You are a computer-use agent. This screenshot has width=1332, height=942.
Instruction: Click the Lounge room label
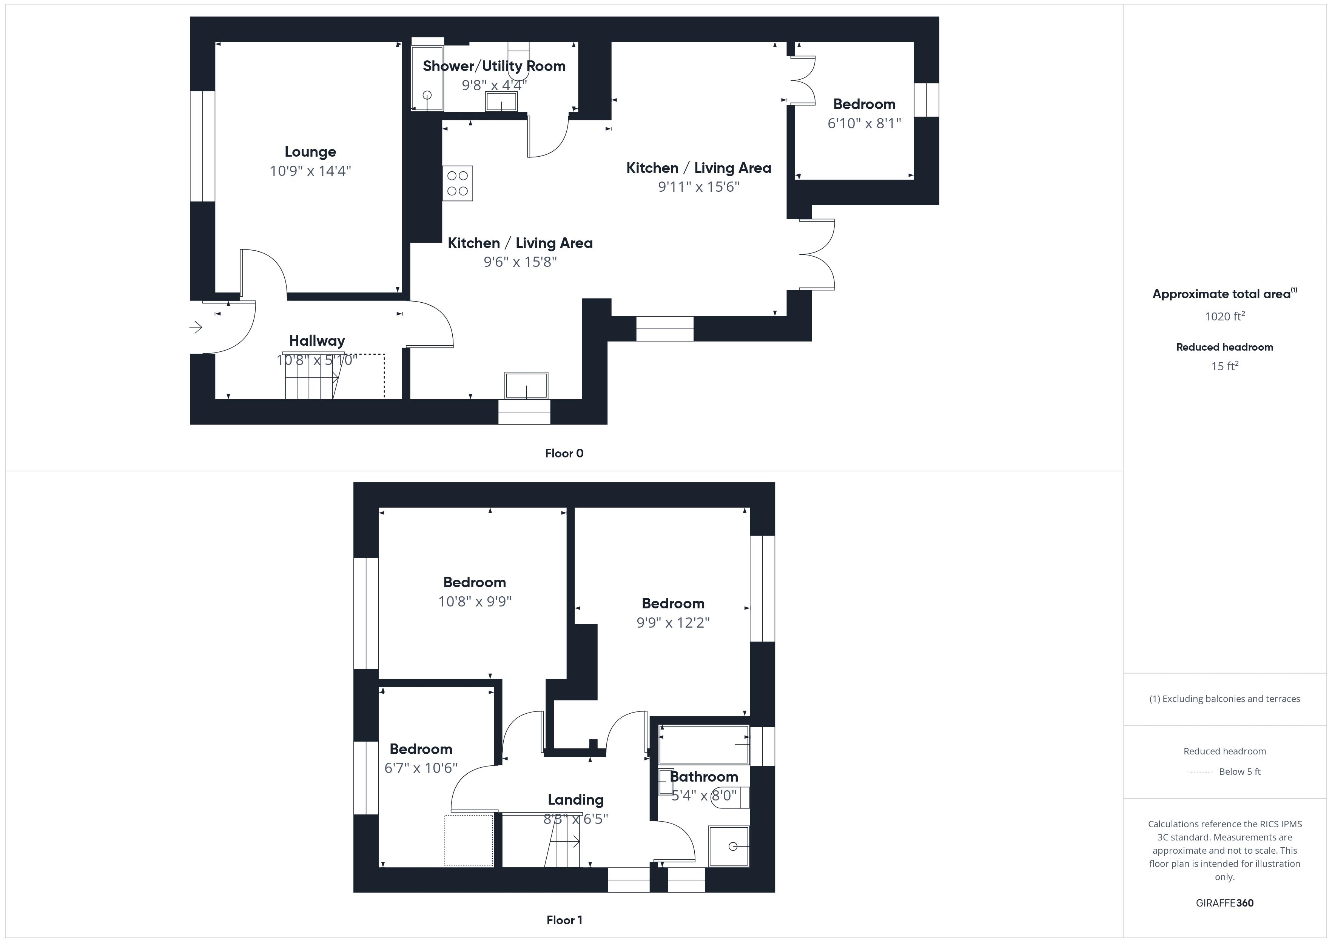pos(310,152)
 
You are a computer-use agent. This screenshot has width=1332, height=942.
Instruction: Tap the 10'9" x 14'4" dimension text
pos(310,171)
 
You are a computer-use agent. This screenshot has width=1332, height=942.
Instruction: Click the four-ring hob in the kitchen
pos(458,183)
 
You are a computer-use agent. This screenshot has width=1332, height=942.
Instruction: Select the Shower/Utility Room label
pos(494,66)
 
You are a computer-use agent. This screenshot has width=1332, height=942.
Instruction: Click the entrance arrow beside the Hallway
pos(196,328)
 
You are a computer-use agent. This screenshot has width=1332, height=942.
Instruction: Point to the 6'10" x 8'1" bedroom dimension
pos(864,123)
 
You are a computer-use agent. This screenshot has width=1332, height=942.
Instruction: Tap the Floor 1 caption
pos(564,920)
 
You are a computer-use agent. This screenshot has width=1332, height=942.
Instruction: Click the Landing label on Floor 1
pos(575,800)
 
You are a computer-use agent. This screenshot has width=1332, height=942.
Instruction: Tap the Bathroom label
pos(704,777)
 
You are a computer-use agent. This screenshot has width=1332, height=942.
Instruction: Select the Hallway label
pos(317,341)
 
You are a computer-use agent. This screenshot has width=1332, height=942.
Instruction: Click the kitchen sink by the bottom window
pos(526,386)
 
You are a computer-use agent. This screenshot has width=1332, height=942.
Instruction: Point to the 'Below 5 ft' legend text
pos(1240,771)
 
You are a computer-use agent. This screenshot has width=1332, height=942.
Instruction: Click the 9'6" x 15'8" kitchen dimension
pos(520,262)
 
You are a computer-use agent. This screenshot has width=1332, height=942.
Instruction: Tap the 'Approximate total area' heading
pos(1222,294)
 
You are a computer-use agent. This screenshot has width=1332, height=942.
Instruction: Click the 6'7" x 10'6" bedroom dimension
pos(421,768)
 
